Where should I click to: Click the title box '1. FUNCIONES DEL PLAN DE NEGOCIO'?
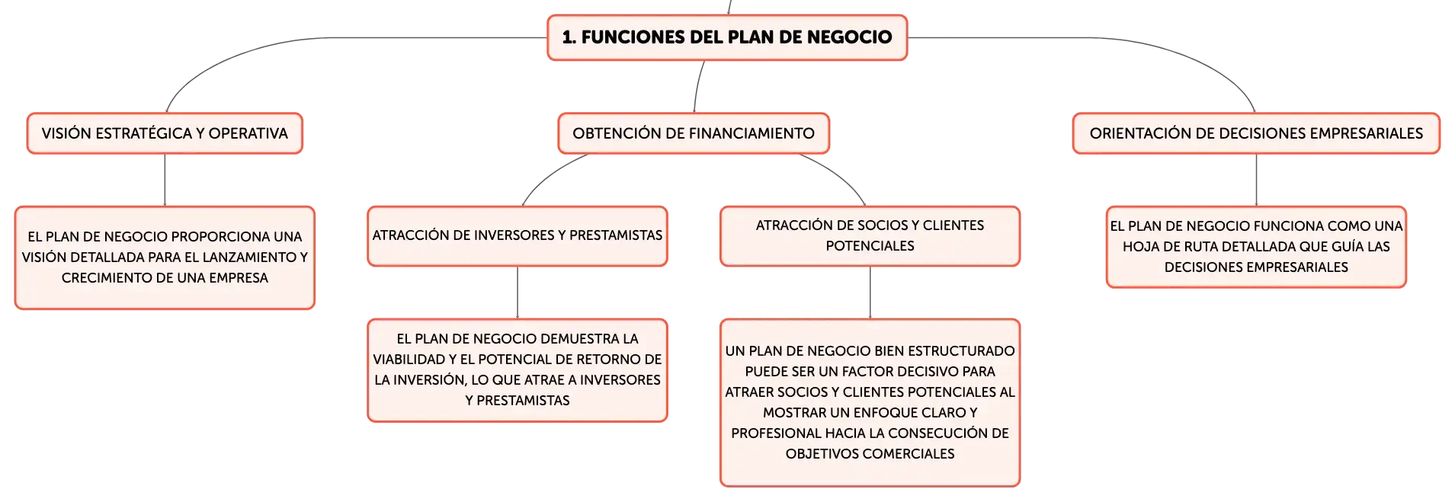point(727,37)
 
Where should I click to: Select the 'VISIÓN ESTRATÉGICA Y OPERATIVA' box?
point(165,133)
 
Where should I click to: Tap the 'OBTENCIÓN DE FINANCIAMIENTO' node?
point(694,133)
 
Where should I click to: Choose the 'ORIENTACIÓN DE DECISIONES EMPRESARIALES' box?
point(1256,133)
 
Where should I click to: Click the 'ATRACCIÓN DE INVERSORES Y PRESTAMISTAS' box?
point(518,236)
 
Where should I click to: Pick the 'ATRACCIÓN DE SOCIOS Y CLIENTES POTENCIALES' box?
point(870,236)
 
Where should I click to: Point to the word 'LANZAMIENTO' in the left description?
point(225,257)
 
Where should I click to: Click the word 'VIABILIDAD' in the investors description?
point(409,360)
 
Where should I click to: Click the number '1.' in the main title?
point(569,37)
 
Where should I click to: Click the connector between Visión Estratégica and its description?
point(165,180)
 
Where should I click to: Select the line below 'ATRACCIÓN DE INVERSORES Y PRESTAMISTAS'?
point(518,293)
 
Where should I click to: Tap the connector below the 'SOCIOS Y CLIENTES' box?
point(870,293)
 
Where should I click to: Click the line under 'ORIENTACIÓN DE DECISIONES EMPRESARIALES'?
point(1256,180)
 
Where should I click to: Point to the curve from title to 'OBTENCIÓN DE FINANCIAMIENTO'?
point(697,86)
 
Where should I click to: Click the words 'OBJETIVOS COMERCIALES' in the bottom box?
point(870,454)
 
